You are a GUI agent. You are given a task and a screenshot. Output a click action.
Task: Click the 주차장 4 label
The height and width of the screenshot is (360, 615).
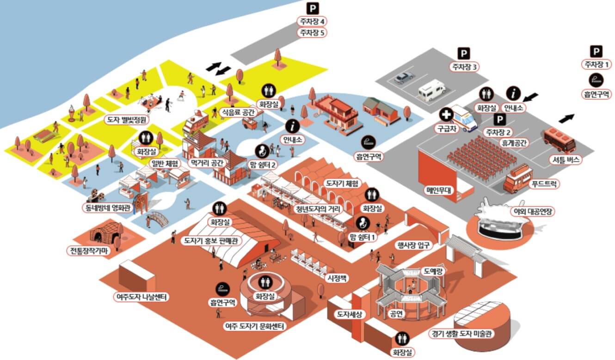313,21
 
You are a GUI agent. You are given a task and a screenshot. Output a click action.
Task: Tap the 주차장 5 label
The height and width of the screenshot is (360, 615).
313,33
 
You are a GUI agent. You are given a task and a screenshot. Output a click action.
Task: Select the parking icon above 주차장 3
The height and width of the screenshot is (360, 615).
463,54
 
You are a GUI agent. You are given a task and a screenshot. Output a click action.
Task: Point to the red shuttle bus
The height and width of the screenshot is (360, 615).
560,140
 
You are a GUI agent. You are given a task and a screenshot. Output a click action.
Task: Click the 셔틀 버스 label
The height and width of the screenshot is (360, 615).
564,160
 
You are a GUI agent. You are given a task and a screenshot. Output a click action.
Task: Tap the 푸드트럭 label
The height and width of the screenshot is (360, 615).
544,183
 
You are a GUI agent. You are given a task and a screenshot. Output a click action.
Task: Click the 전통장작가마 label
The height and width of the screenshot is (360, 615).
88,250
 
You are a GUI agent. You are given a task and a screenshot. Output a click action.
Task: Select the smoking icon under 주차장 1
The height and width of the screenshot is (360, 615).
596,80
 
